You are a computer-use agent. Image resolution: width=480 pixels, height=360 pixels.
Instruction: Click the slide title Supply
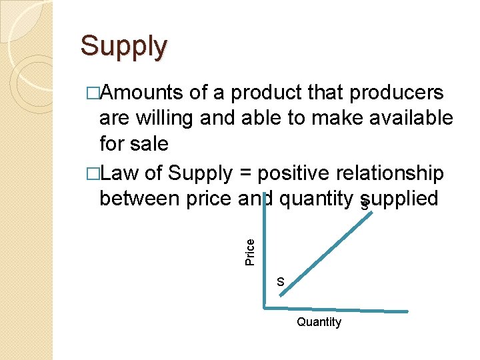point(123,47)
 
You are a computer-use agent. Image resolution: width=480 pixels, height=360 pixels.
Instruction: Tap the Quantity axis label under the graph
point(319,323)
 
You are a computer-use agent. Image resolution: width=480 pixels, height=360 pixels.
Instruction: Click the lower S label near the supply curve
point(281,282)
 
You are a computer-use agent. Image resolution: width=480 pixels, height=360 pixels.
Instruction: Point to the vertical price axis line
point(265,267)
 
